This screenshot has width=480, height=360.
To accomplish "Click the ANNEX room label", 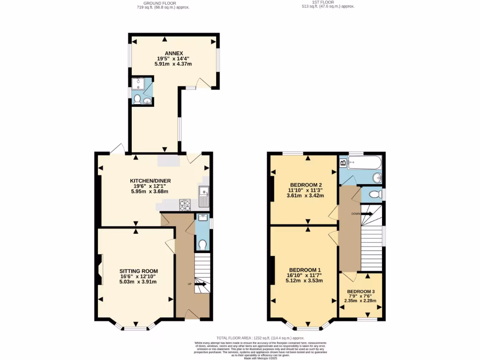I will [x=173, y=52].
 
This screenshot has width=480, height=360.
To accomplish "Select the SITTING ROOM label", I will [x=138, y=271].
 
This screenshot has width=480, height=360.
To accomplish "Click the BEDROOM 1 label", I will [x=305, y=270].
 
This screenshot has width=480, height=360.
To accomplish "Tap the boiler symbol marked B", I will [x=343, y=163].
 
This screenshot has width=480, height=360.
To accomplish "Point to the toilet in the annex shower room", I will [x=138, y=99].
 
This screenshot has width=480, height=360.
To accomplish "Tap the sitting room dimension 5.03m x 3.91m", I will [x=138, y=282].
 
